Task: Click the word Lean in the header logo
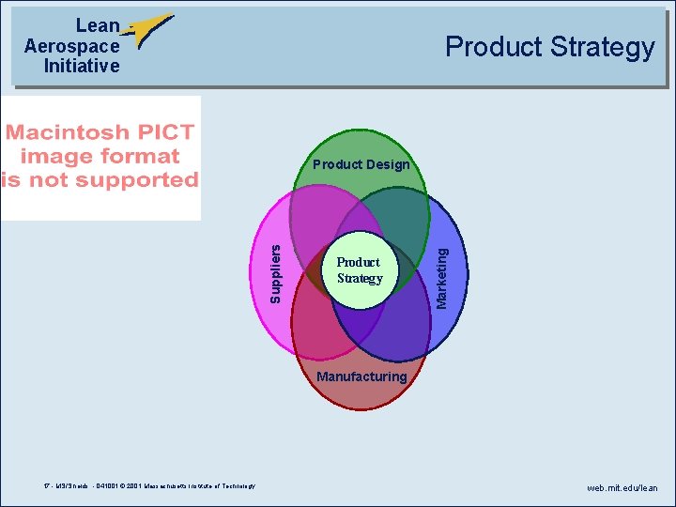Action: click(x=98, y=26)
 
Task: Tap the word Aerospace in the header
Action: click(x=72, y=46)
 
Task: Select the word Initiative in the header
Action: click(x=82, y=66)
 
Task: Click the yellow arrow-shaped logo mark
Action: click(x=147, y=30)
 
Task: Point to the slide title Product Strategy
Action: click(x=549, y=47)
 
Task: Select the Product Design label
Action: click(x=361, y=164)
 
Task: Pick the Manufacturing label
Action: click(x=362, y=376)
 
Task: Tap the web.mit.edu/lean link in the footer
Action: click(x=622, y=488)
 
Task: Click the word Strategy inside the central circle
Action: click(x=360, y=278)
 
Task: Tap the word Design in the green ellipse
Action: click(x=387, y=164)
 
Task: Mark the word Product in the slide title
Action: click(x=493, y=47)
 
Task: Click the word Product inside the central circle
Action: click(x=358, y=262)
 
